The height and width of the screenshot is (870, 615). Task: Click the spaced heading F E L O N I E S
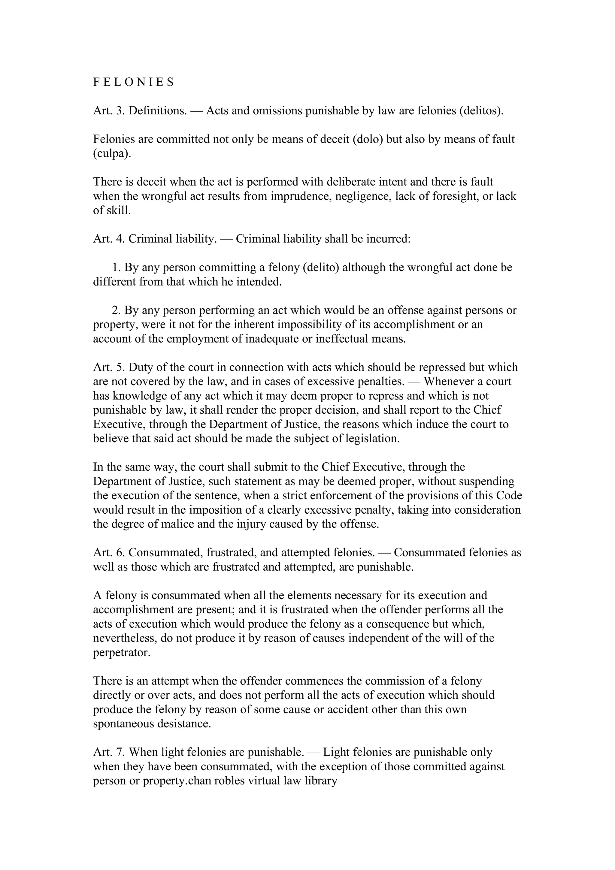pyautogui.click(x=133, y=82)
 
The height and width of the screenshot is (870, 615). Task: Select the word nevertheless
pyautogui.click(x=125, y=639)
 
